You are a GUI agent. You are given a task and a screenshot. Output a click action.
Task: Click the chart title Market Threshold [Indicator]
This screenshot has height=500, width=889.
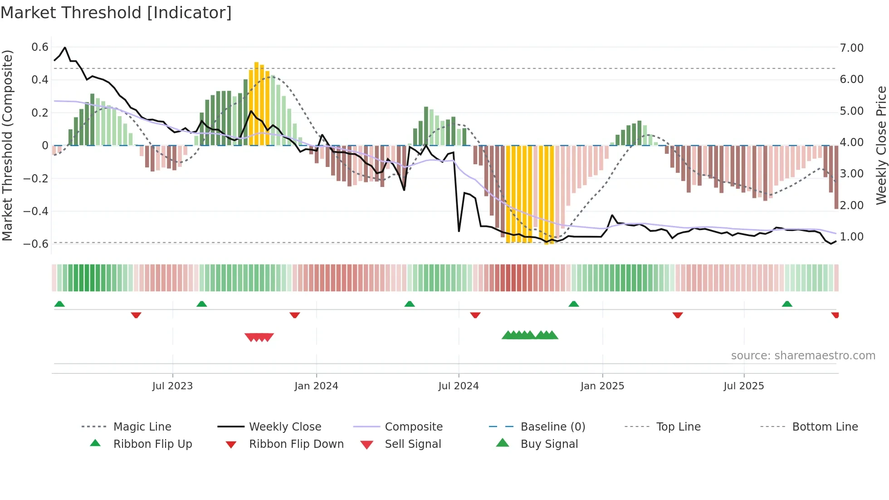click(x=116, y=13)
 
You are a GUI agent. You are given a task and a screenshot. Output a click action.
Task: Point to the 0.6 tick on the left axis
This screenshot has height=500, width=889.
click(x=40, y=47)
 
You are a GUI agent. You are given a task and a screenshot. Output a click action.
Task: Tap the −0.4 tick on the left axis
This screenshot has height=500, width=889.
click(x=36, y=211)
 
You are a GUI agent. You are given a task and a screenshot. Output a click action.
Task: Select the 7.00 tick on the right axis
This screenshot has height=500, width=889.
click(x=851, y=48)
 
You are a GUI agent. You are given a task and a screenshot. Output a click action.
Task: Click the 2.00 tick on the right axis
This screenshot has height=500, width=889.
click(x=851, y=206)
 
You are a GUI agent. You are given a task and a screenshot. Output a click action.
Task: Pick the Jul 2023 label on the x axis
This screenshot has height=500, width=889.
click(x=172, y=386)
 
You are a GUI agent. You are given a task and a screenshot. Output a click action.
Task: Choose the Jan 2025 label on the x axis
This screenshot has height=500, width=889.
click(x=602, y=386)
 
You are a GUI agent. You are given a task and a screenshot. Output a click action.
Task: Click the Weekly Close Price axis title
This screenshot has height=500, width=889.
click(x=881, y=145)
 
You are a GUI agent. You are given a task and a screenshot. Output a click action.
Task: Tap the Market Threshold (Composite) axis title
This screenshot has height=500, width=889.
click(x=7, y=145)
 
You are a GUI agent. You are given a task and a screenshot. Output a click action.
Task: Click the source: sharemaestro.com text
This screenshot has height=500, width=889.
click(x=803, y=356)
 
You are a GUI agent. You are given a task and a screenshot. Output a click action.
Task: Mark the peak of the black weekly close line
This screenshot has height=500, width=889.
click(x=65, y=48)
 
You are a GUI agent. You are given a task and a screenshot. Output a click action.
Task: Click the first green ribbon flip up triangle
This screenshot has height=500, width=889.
click(x=59, y=304)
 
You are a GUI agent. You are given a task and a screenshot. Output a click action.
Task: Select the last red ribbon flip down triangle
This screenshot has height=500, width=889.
click(x=835, y=315)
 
